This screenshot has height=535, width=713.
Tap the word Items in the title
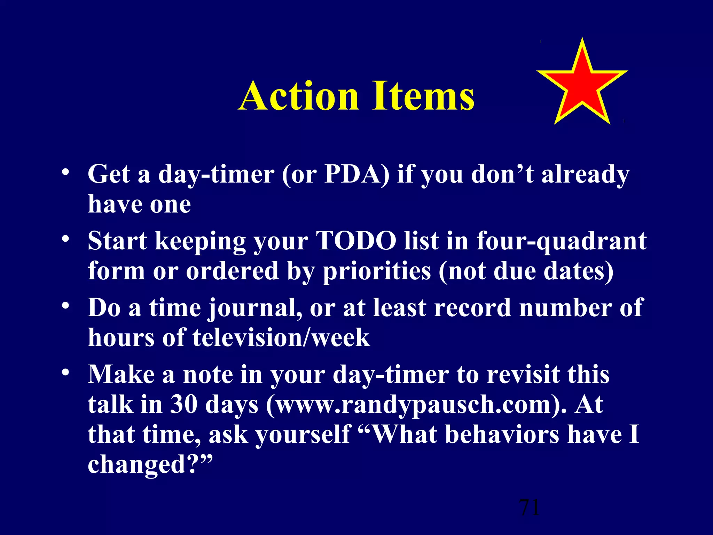click(423, 96)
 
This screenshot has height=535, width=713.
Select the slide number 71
click(529, 507)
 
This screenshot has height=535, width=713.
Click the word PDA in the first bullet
click(352, 174)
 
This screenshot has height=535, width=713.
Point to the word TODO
click(356, 241)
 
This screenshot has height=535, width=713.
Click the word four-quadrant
click(561, 241)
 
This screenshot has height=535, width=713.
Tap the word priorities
click(376, 271)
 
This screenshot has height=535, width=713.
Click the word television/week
click(281, 338)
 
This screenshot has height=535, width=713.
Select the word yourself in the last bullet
click(302, 435)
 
